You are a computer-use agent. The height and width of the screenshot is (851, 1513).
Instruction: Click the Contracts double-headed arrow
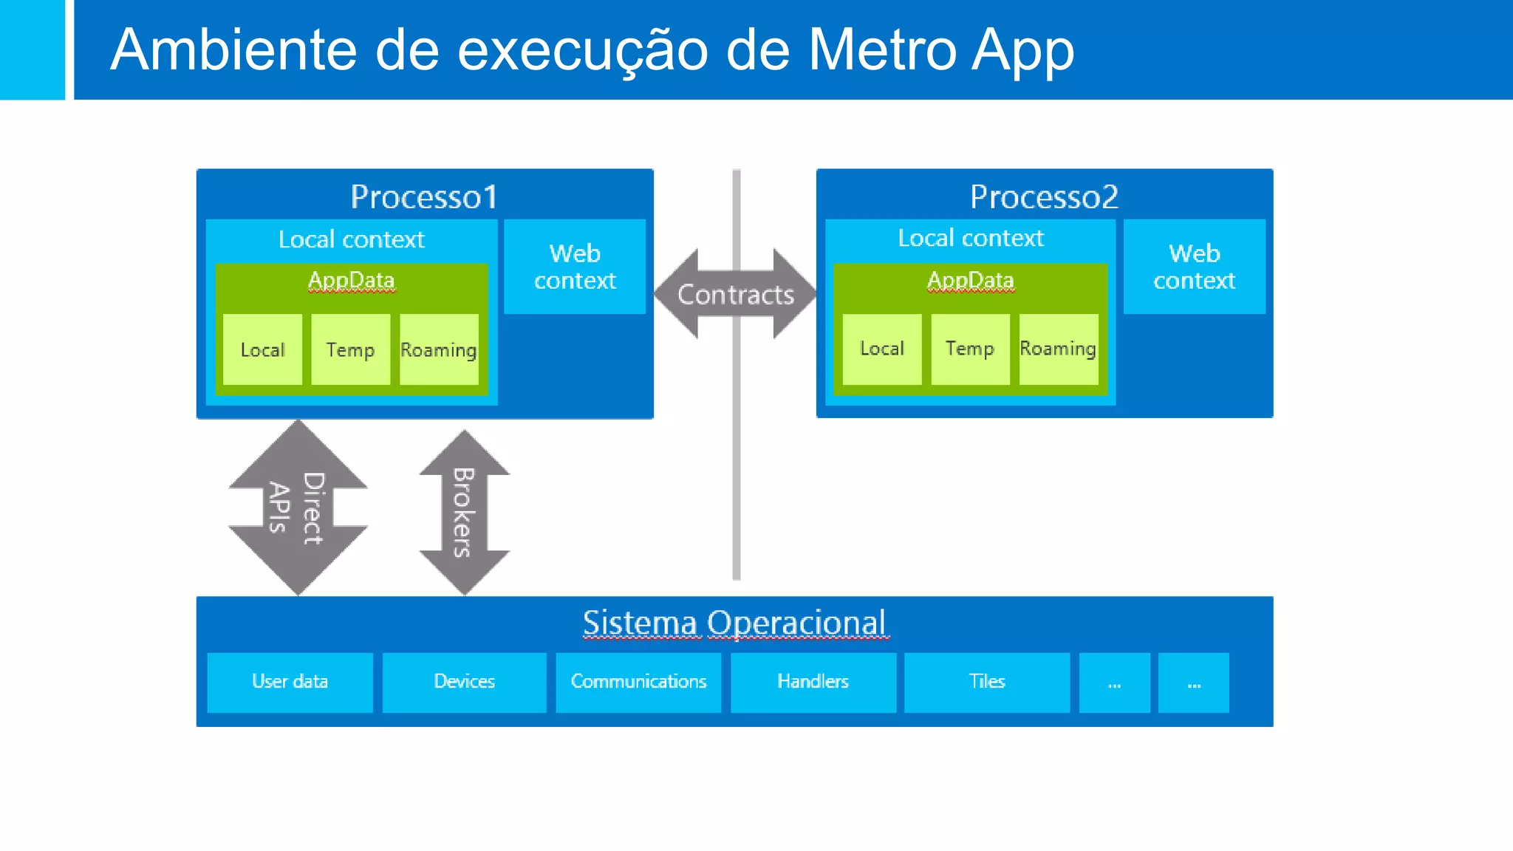735,295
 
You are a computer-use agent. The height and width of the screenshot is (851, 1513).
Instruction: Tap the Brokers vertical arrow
464,513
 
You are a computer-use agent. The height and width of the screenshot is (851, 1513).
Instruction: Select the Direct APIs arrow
298,508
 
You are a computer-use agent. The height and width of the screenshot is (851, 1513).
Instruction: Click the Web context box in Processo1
575,267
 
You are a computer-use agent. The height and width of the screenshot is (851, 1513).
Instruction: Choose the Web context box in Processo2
1194,267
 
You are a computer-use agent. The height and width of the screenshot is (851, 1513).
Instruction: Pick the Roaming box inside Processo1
439,349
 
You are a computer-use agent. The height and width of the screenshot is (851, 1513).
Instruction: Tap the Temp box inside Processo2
970,349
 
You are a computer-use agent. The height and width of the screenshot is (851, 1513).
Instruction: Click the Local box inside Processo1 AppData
262,349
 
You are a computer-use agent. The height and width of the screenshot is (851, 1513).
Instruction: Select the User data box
290,682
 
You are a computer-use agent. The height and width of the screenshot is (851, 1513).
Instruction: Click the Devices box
464,682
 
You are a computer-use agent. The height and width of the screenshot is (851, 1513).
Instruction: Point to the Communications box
638,682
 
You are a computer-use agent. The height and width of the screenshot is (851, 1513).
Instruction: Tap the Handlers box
813,682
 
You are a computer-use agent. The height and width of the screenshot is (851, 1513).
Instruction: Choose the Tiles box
987,682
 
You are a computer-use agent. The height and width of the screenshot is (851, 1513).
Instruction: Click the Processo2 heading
1044,197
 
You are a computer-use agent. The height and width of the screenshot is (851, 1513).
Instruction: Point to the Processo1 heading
424,197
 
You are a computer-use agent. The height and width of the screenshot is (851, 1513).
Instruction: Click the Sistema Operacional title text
734,623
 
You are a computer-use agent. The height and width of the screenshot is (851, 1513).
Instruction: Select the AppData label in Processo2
970,280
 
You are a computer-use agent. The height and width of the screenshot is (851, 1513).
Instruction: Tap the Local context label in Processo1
351,239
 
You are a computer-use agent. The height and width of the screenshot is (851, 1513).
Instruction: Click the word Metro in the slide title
882,50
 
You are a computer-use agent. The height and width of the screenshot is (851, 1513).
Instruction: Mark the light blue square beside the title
32,49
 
